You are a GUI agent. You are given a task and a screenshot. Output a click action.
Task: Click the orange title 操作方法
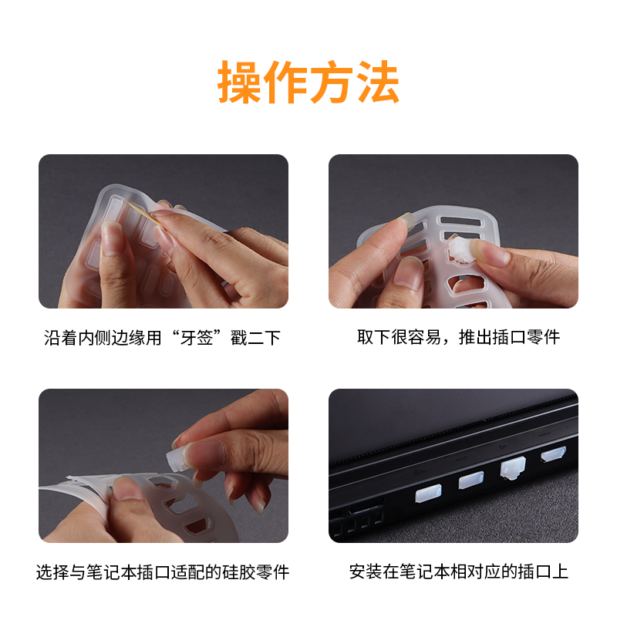point(308,82)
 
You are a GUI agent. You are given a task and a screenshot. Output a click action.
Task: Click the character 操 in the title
point(240,82)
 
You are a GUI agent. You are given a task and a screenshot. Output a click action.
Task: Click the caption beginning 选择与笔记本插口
point(163,572)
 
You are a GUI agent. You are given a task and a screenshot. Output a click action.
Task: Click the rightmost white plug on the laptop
point(553,456)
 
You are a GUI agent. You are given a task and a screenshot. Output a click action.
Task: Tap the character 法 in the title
point(377,82)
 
